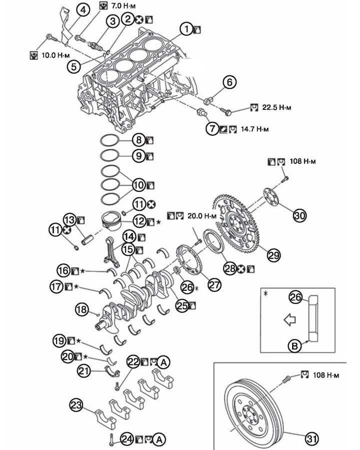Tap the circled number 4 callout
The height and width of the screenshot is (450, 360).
click(x=83, y=9)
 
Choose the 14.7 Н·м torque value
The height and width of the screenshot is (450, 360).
click(x=253, y=129)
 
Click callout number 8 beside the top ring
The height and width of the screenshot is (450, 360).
click(x=138, y=140)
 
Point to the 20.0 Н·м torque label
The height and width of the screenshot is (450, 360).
click(x=202, y=216)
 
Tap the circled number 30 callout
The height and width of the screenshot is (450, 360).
click(x=300, y=215)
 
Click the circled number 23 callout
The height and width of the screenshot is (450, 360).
click(x=76, y=404)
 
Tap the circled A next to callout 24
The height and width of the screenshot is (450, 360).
click(x=158, y=439)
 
